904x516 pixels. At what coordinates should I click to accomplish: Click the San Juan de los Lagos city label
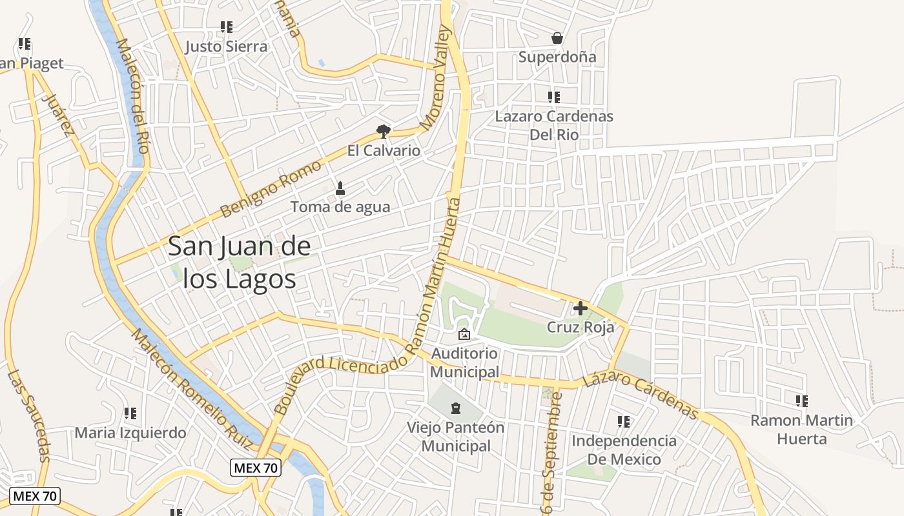pos(240,263)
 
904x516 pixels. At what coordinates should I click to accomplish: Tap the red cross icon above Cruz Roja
pos(580,308)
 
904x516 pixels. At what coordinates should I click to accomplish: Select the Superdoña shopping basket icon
pos(557,39)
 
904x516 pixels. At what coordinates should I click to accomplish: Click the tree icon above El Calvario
pos(384,132)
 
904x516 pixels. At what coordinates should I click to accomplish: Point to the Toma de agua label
pos(340,207)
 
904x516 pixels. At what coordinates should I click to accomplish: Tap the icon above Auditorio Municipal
pos(464,334)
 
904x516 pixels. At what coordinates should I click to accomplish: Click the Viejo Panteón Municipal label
pos(456,437)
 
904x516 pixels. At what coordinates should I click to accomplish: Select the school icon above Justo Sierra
pos(226,27)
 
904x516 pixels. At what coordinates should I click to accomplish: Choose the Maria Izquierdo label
pos(130,433)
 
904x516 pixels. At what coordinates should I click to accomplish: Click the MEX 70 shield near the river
pos(256,468)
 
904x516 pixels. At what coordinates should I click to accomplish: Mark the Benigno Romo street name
pos(271,189)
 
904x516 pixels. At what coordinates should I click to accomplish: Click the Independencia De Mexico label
pos(624,450)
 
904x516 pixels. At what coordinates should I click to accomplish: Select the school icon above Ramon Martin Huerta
pos(801,401)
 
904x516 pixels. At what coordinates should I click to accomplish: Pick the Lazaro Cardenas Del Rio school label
pos(553,125)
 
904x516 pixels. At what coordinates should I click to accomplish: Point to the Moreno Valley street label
pos(433,77)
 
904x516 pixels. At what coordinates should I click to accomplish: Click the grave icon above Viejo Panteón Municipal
pos(456,408)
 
